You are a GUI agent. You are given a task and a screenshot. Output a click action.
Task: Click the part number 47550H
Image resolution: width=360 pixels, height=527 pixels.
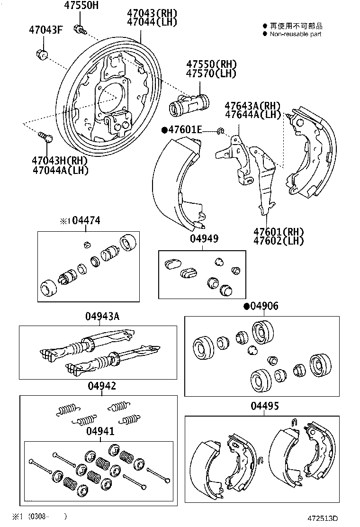coord(82,6)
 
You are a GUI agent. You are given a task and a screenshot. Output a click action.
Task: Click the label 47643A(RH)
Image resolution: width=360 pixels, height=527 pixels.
coord(252,106)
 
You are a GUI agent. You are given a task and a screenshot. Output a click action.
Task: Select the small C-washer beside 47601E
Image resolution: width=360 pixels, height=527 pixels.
coord(220,130)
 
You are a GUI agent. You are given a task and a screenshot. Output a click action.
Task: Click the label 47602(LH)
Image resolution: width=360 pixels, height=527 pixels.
coord(278,240)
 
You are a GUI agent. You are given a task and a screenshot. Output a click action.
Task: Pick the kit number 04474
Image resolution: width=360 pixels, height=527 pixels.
coord(86,221)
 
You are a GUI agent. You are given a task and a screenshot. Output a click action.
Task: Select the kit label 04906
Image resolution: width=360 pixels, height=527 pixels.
coord(264,306)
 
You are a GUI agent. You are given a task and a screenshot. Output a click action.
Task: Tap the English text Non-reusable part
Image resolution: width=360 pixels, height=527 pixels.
coord(296,34)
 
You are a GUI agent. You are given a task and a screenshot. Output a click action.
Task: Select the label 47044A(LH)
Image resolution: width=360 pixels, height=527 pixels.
coord(61,170)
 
